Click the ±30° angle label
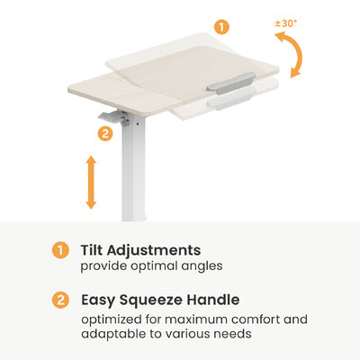[285, 23]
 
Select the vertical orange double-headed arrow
[91, 182]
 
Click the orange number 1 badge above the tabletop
[221, 27]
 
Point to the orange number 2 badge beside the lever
[105, 133]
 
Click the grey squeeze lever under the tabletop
[114, 118]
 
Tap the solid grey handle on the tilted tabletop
[231, 83]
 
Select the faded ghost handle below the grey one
[231, 98]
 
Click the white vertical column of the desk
[134, 168]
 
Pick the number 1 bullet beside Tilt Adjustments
[60, 250]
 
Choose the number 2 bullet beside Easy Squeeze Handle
[60, 300]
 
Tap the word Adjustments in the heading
[154, 251]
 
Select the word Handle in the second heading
[213, 300]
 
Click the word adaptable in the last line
[113, 334]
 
